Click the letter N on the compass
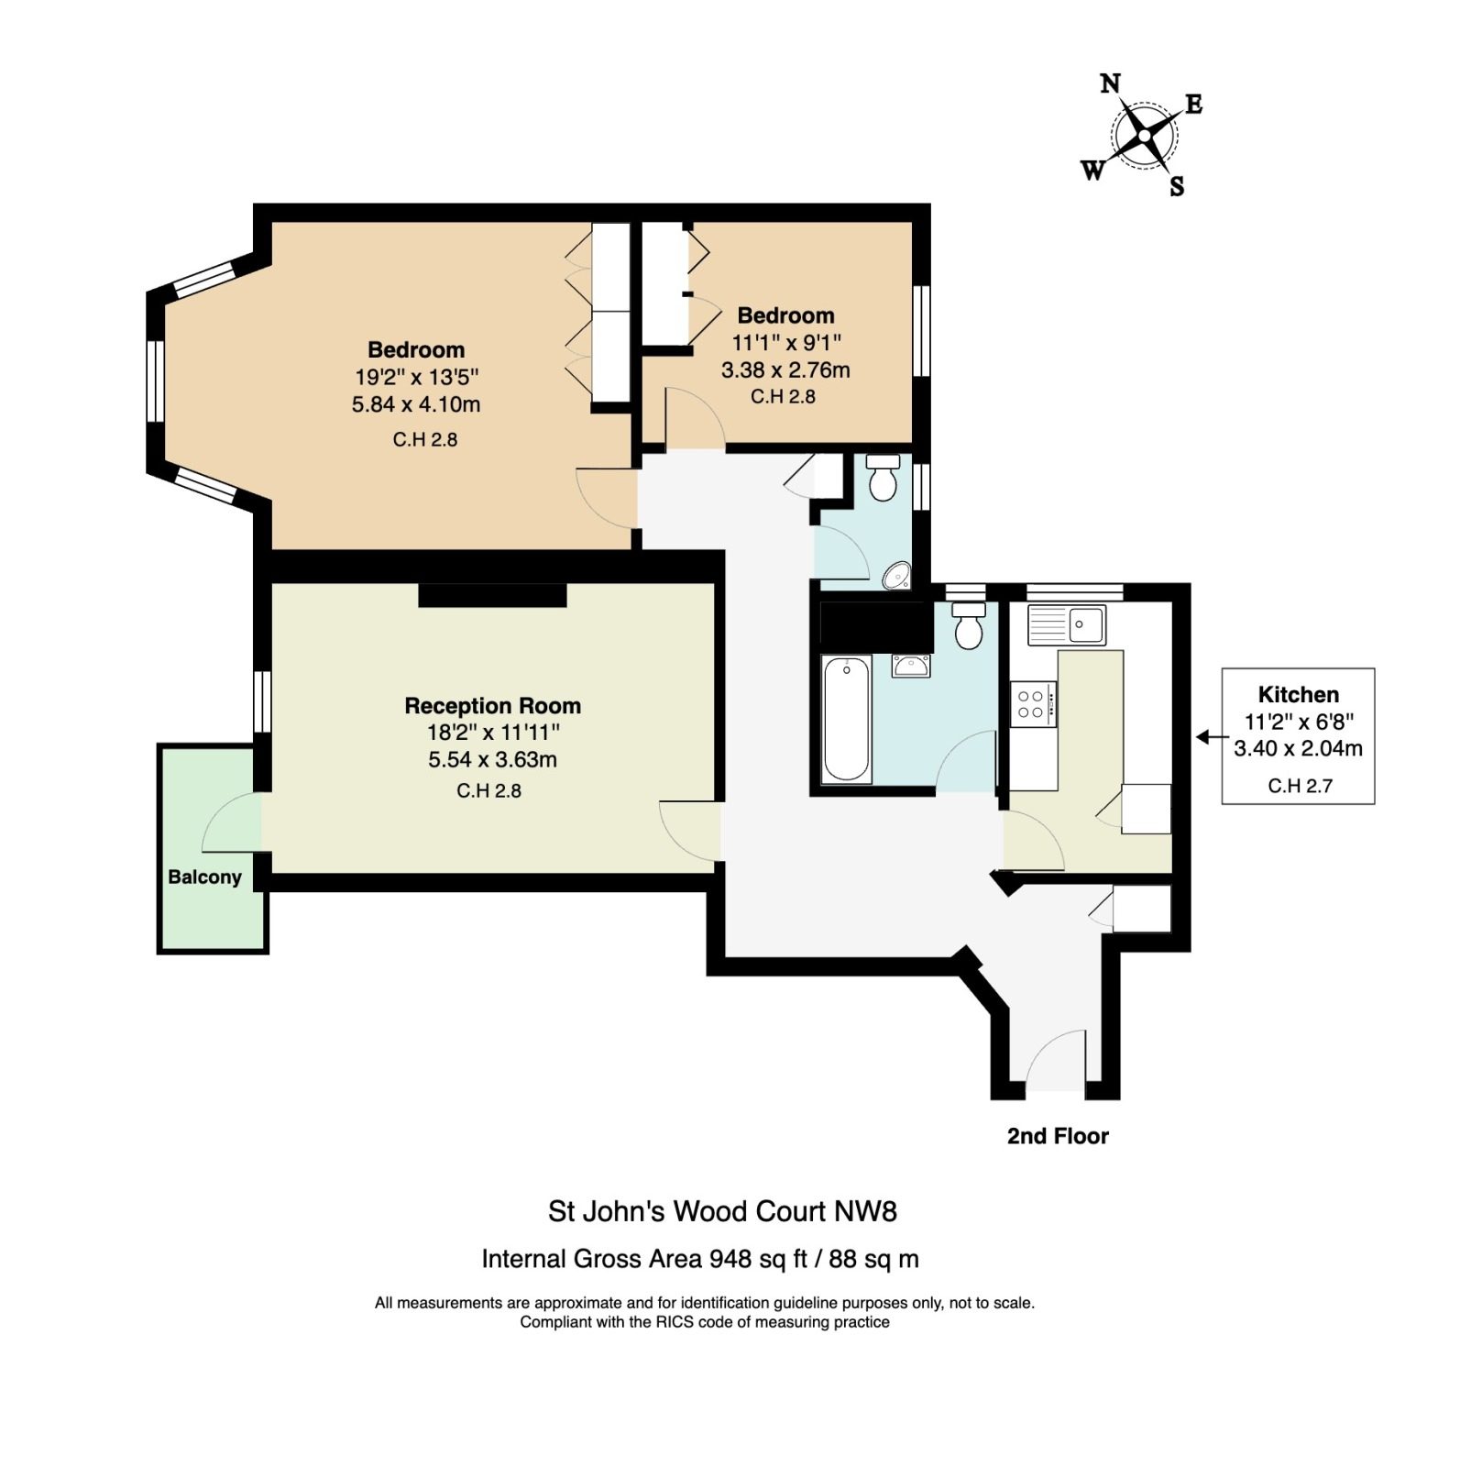(x=1110, y=84)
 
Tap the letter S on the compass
(x=1177, y=187)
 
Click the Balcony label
(x=204, y=877)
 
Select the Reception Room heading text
(x=493, y=706)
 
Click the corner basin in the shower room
(x=897, y=575)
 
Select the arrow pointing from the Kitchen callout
(x=1212, y=736)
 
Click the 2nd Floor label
(x=1058, y=1136)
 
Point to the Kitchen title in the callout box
(x=1299, y=694)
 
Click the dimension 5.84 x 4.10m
(x=416, y=404)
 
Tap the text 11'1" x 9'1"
(x=786, y=343)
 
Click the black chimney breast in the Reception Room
(x=493, y=594)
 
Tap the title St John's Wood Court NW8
(x=722, y=1211)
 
